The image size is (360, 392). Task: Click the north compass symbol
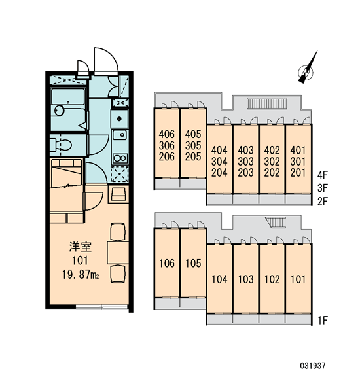[306, 71]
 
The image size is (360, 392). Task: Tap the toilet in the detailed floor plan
[61, 145]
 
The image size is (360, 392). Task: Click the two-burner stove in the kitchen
[120, 158]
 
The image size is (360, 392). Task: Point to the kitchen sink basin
[120, 135]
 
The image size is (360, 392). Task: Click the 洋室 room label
[81, 247]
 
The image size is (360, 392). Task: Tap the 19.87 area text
[80, 275]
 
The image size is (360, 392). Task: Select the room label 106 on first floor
[167, 263]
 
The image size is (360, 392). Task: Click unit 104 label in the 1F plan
[219, 279]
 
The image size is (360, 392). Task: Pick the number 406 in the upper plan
[167, 135]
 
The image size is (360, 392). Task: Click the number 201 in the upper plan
[298, 173]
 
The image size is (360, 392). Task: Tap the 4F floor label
[323, 175]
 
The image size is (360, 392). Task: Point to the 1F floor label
[323, 320]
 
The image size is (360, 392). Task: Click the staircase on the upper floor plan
[268, 103]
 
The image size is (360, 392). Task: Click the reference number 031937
[313, 366]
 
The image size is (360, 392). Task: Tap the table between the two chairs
[118, 253]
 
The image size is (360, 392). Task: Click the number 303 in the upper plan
[245, 161]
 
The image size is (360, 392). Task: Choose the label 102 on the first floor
[272, 279]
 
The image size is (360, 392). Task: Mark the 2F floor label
[323, 202]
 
